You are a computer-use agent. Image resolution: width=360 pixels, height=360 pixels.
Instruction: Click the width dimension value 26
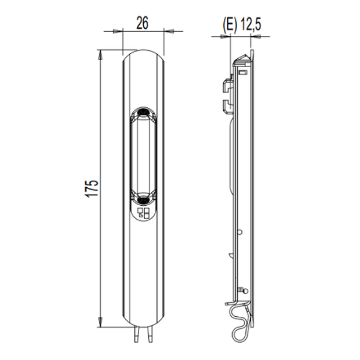click(142, 23)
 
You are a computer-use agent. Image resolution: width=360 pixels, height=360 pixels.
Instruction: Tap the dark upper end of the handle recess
click(143, 112)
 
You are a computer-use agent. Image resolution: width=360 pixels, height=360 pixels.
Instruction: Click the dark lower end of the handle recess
click(143, 198)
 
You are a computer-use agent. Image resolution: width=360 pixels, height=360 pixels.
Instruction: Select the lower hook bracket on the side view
click(226, 107)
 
